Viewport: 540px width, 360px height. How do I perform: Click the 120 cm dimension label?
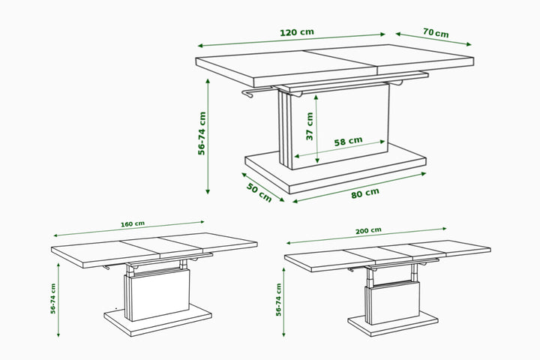click(x=297, y=32)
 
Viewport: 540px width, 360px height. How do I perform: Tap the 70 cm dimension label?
click(x=436, y=33)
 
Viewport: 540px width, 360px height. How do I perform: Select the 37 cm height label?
click(x=310, y=126)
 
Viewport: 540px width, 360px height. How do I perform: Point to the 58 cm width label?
click(x=348, y=141)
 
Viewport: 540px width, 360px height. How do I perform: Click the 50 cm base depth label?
click(x=259, y=193)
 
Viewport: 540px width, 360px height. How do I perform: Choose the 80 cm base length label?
click(x=365, y=193)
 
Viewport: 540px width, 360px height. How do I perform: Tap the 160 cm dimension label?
click(x=133, y=224)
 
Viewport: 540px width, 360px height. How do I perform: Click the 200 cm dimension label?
click(x=368, y=231)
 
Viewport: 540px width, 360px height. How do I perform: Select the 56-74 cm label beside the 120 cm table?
click(x=202, y=133)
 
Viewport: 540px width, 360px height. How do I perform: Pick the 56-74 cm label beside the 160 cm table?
click(x=53, y=298)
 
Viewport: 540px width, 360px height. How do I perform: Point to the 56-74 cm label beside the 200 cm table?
click(x=278, y=300)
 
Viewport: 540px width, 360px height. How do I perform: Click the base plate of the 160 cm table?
click(x=157, y=320)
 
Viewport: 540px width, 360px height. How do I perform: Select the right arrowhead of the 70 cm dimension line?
click(x=469, y=44)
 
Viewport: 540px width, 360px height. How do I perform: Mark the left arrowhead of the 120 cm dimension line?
click(x=200, y=46)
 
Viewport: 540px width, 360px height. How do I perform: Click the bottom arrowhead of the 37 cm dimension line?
click(x=317, y=160)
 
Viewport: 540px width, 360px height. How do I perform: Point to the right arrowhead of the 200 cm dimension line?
click(x=444, y=229)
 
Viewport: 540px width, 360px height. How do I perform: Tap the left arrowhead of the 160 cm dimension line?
click(x=55, y=235)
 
